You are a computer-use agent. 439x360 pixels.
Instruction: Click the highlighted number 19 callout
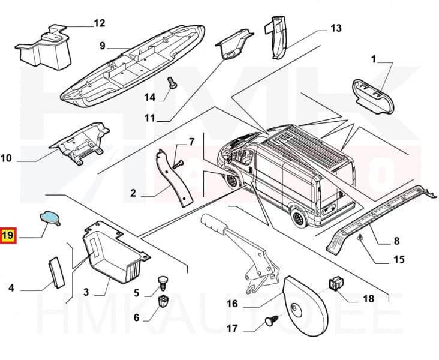[x=8, y=236]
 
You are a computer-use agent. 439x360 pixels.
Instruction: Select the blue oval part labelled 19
[x=50, y=217]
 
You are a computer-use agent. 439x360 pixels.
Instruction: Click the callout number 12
[x=99, y=23]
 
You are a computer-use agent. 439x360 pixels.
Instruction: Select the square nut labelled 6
[x=162, y=300]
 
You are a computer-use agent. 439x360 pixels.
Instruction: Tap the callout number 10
[x=7, y=158]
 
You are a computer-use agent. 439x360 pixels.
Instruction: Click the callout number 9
[x=102, y=46]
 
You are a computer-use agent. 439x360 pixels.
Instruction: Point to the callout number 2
[x=133, y=194]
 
